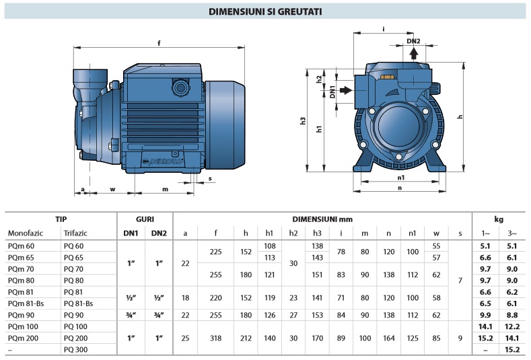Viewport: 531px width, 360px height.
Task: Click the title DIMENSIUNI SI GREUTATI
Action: [x=264, y=11]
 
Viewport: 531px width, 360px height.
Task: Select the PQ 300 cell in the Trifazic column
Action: [x=75, y=350]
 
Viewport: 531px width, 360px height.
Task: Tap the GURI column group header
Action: [x=145, y=219]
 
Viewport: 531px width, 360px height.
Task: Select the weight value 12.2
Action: [x=513, y=326]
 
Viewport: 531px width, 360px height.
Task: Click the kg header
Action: [x=499, y=219]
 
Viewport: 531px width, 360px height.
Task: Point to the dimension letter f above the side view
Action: [x=159, y=43]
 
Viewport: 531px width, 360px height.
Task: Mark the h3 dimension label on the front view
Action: [x=304, y=122]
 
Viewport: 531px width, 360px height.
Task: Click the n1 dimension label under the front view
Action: [x=401, y=177]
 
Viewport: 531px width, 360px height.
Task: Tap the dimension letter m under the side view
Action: [x=165, y=189]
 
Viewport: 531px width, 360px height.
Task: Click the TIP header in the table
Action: [x=61, y=219]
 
